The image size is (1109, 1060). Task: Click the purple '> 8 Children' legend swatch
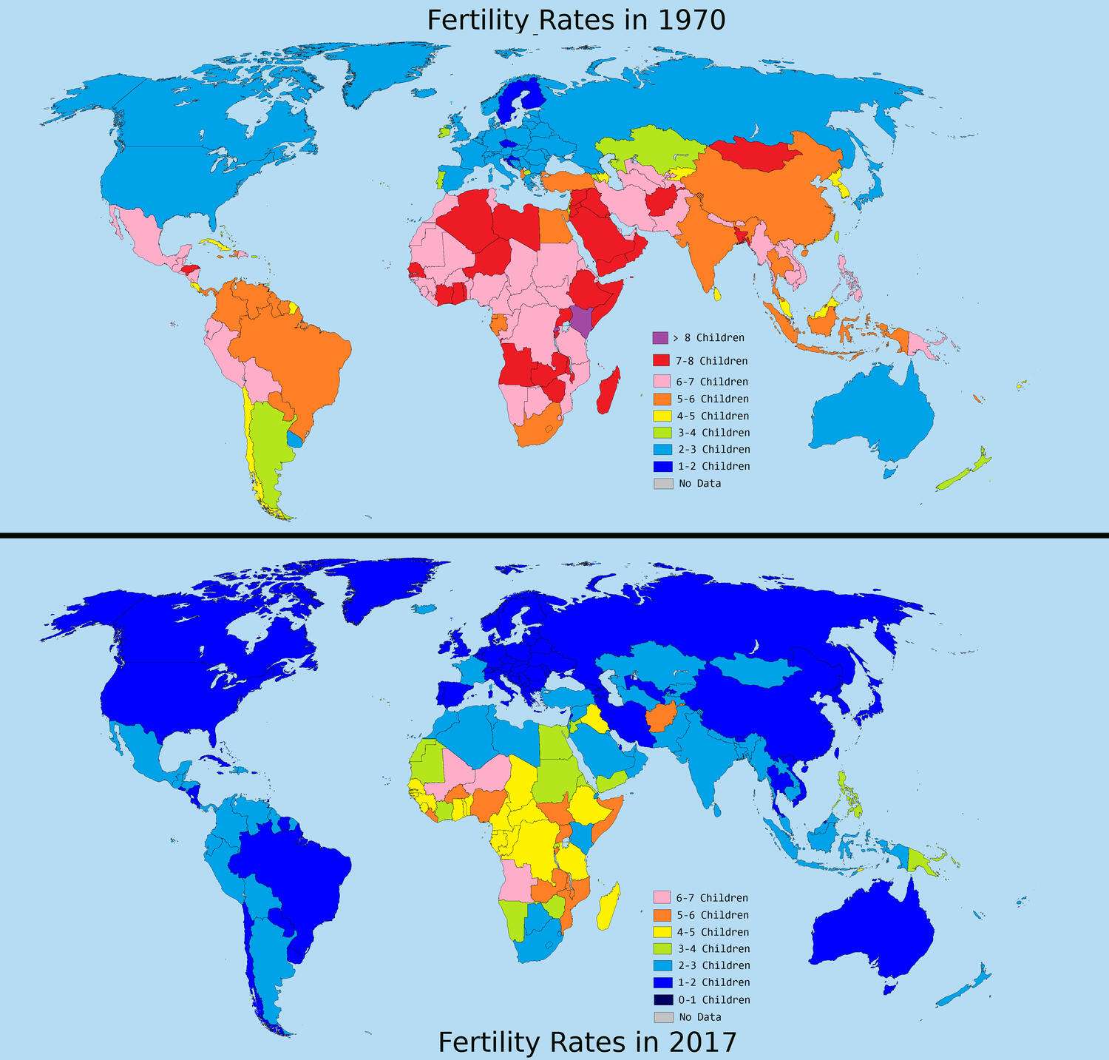click(x=660, y=337)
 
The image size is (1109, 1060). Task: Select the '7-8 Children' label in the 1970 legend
click(x=711, y=361)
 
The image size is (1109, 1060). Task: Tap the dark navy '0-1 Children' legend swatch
click(x=662, y=999)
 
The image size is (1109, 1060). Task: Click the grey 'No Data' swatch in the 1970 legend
click(x=662, y=483)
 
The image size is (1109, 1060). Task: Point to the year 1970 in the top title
click(x=691, y=20)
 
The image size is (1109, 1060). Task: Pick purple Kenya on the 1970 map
click(x=582, y=320)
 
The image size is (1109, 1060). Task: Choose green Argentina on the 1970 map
click(x=268, y=451)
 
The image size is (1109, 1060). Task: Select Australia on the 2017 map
click(x=872, y=925)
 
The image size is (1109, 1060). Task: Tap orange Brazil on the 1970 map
click(x=296, y=355)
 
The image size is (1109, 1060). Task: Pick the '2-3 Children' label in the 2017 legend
click(x=713, y=965)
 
